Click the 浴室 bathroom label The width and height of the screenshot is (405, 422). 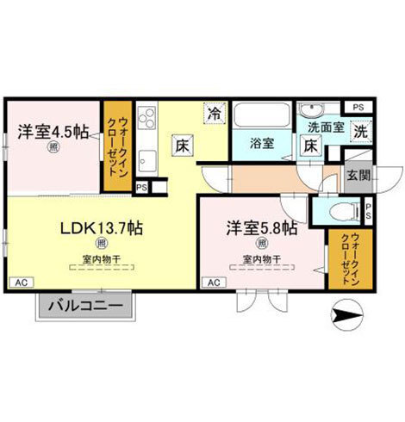coord(262,144)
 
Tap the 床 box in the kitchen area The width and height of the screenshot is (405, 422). coord(183,146)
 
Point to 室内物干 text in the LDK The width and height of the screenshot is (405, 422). coord(101,258)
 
